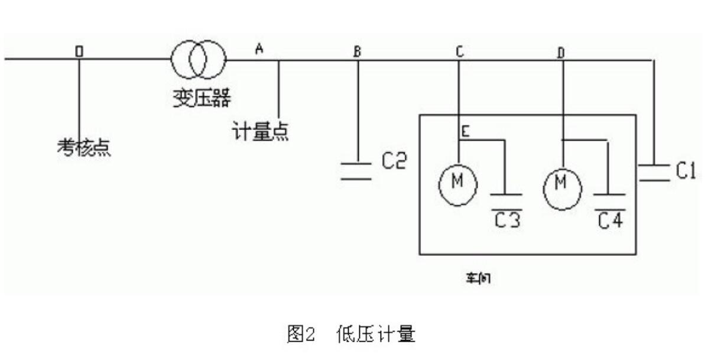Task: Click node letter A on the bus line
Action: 258,50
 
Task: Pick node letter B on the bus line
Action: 357,51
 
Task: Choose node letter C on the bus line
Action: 459,51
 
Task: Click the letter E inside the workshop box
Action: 466,132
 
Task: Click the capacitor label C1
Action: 685,171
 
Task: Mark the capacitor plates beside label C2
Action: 357,170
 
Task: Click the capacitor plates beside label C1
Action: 653,171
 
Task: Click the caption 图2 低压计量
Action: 350,335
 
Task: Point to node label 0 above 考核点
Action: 79,51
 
